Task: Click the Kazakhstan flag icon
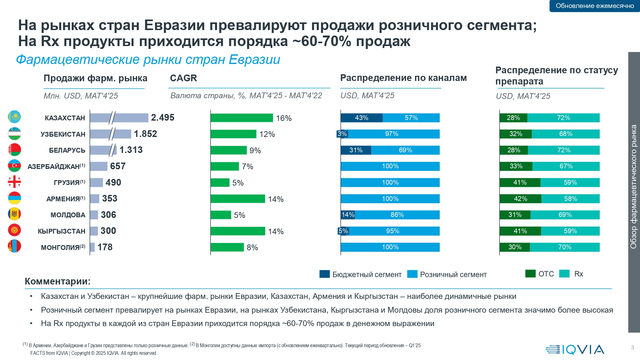[x=14, y=117]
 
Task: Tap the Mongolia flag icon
[x=14, y=246]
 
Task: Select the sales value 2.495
[x=163, y=118]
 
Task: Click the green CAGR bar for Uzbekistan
[x=233, y=134]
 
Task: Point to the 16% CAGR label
[x=284, y=118]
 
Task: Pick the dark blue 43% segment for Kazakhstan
[x=362, y=118]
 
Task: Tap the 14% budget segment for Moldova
[x=348, y=215]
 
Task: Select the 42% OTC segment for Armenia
[x=520, y=199]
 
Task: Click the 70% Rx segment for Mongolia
[x=565, y=247]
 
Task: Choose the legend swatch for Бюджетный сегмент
[x=324, y=274]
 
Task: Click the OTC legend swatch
[x=530, y=274]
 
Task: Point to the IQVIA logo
[x=575, y=349]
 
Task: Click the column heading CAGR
[x=183, y=78]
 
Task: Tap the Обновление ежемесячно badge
[x=595, y=6]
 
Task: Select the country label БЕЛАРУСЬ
[x=67, y=150]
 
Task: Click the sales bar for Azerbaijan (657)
[x=99, y=166]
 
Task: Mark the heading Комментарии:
[x=58, y=281]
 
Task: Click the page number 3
[x=632, y=348]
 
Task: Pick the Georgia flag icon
[x=14, y=182]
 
